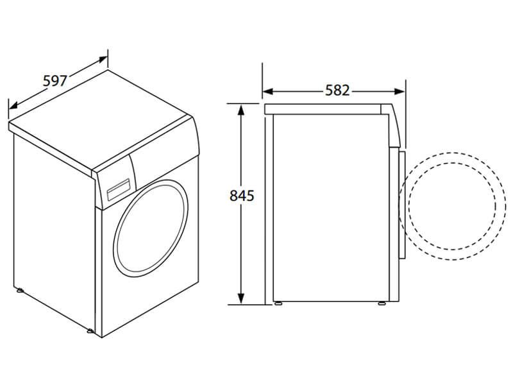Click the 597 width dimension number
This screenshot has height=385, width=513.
coord(55,81)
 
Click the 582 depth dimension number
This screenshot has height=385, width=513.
coord(337,90)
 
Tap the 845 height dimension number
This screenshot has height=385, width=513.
coord(242,196)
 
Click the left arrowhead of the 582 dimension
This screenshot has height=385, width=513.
coord(267,91)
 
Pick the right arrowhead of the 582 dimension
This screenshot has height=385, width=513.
coord(399,91)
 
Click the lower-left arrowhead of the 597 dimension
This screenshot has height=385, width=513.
coord(13,105)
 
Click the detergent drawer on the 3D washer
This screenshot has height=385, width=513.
coord(119,190)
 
